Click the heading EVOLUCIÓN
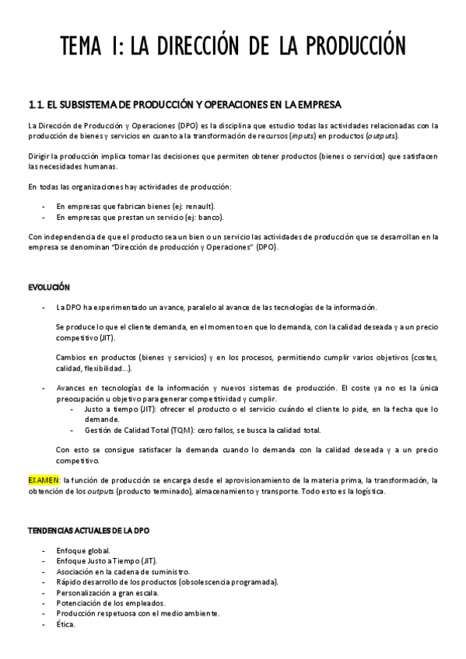tap(49, 287)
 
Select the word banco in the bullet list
tap(205, 217)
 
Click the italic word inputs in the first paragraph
tap(302, 135)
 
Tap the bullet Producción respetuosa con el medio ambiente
tap(138, 612)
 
